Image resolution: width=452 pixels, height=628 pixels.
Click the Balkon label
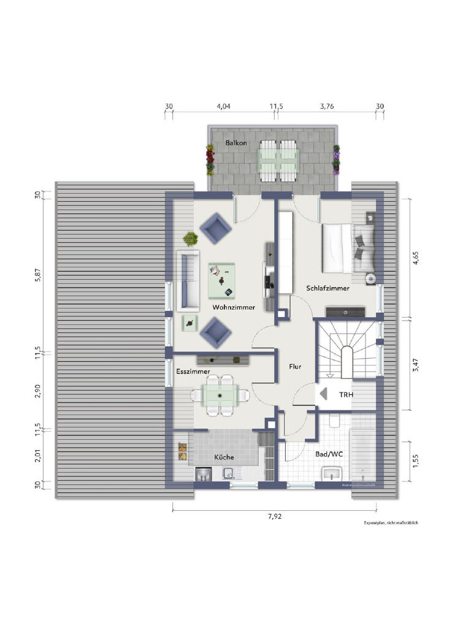236,143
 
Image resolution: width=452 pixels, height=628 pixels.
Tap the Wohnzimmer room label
234,307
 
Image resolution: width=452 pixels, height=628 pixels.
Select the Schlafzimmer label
328,288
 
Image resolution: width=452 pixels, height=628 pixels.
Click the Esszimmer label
193,372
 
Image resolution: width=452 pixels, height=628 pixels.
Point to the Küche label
224,457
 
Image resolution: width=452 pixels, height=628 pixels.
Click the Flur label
296,367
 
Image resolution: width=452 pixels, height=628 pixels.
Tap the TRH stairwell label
347,396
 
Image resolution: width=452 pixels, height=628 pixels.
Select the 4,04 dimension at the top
223,106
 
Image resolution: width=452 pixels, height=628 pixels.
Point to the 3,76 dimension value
327,106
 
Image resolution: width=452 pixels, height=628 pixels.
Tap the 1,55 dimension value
416,461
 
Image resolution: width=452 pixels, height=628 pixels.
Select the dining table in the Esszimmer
220,394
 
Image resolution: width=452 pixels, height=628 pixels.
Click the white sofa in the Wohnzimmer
188,280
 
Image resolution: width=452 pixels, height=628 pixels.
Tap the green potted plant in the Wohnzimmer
191,238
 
